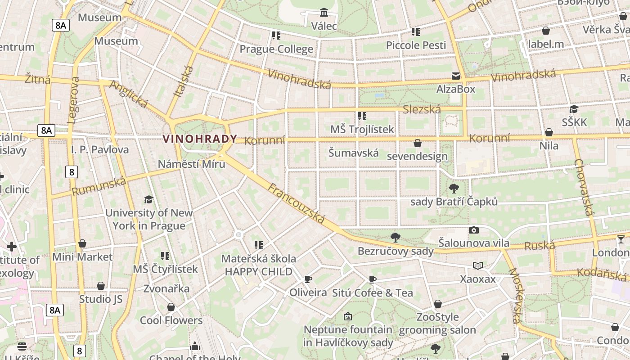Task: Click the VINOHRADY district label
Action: click(200, 139)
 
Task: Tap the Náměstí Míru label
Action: click(191, 164)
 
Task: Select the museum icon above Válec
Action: click(324, 12)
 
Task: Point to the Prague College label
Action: click(276, 49)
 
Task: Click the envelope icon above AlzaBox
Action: click(456, 76)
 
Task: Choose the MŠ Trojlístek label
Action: click(362, 129)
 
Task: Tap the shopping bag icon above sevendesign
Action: click(418, 144)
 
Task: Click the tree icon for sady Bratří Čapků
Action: click(454, 189)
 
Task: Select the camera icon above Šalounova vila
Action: click(473, 230)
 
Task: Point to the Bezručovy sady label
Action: click(395, 251)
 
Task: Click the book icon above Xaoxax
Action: click(477, 266)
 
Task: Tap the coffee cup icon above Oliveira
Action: click(308, 279)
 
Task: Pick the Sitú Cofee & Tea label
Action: click(372, 292)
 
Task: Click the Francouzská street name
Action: click(297, 203)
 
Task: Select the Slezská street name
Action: click(422, 109)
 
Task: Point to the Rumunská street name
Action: click(99, 186)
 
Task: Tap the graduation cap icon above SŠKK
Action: click(574, 109)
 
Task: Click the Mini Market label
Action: click(82, 256)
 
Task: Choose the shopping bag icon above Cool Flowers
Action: click(171, 307)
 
